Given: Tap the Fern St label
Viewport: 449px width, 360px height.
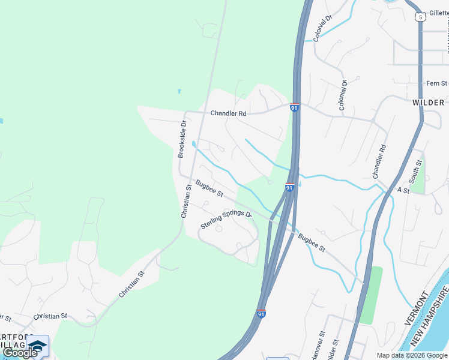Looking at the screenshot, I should (x=436, y=83).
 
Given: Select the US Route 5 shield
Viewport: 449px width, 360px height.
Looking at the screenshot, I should (x=421, y=17).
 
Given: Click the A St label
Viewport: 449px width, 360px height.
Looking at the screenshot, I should (x=403, y=190).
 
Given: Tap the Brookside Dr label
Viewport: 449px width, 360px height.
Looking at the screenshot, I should (x=182, y=139).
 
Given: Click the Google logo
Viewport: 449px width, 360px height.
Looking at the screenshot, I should (x=20, y=352).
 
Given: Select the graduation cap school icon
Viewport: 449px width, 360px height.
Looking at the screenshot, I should (x=37, y=346).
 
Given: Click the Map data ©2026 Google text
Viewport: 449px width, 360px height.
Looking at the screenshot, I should (x=412, y=355).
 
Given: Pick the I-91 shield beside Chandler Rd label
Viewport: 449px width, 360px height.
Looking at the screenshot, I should (x=294, y=107).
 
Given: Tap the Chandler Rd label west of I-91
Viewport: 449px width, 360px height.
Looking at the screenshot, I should (x=228, y=113).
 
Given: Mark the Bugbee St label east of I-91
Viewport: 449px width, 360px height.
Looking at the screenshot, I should (x=313, y=242).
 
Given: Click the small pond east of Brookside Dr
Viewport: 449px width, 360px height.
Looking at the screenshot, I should (x=193, y=144).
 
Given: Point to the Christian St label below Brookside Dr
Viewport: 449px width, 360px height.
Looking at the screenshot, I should (x=187, y=201).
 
